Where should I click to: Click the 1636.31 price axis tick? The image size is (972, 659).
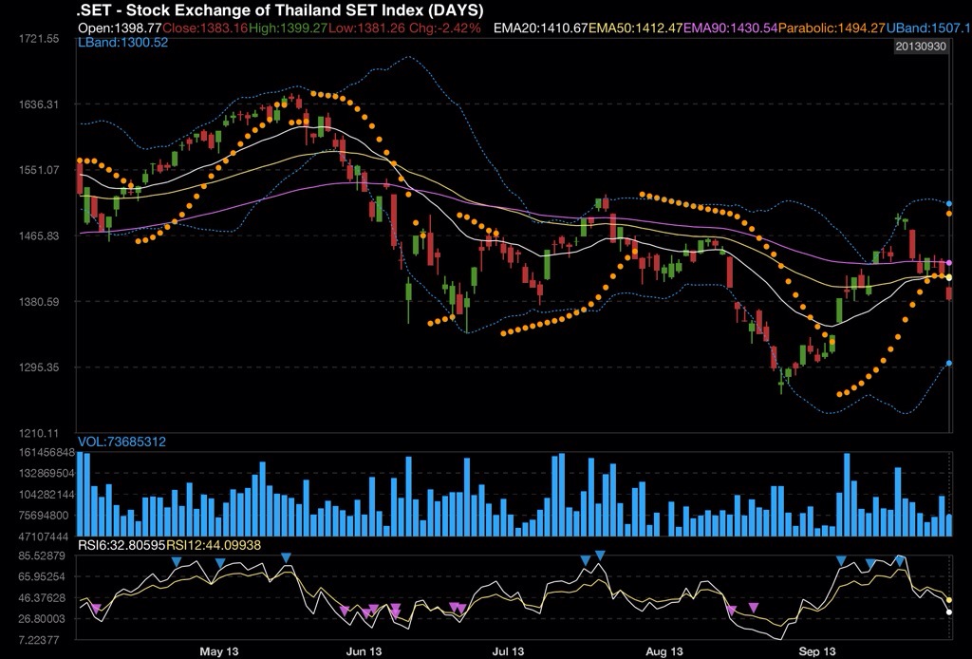tap(39, 104)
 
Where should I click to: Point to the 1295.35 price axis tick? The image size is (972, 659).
tap(39, 367)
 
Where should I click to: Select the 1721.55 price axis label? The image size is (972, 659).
tap(39, 39)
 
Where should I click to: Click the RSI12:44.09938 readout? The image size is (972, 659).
tap(214, 545)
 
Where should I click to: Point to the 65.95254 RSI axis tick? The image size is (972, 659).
tap(39, 577)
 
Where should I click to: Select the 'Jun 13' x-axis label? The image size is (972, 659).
tap(364, 651)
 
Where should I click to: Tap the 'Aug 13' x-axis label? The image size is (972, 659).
tap(664, 651)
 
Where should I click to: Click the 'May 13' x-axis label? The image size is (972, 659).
tap(218, 651)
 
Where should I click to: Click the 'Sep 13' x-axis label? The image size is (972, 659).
tap(816, 651)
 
